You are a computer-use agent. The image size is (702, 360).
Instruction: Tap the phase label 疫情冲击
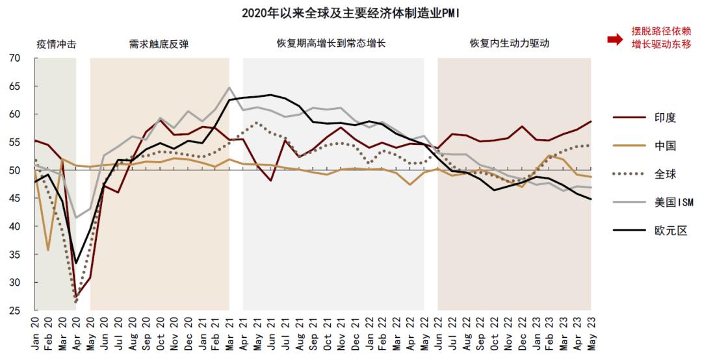(x=55, y=44)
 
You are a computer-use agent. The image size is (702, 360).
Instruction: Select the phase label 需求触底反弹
(x=159, y=44)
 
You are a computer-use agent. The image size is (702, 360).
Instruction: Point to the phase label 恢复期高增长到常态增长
(x=331, y=44)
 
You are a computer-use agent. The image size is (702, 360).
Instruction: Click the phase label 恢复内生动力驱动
(x=510, y=44)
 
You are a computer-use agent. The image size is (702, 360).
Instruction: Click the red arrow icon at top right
(x=615, y=39)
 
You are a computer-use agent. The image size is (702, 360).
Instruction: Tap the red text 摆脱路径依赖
(x=660, y=31)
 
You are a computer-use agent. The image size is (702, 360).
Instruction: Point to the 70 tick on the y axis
(x=14, y=58)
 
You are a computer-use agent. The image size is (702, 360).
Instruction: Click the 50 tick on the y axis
(x=14, y=170)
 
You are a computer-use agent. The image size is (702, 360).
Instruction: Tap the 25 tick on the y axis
(x=14, y=311)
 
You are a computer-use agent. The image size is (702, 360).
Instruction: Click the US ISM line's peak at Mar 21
(x=229, y=87)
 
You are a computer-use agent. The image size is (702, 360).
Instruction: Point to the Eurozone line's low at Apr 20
(x=76, y=263)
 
